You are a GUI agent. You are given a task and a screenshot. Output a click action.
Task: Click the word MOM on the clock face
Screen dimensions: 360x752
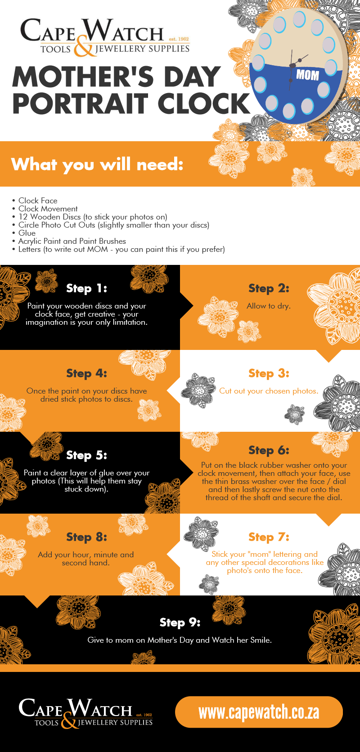click(307, 75)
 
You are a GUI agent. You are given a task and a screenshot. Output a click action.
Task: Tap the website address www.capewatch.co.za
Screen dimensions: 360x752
click(259, 712)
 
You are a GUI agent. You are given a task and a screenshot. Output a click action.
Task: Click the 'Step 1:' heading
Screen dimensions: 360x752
click(87, 288)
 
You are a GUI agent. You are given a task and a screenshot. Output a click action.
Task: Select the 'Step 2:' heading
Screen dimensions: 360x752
click(269, 288)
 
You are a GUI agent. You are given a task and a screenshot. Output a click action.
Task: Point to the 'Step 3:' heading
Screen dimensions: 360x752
click(269, 373)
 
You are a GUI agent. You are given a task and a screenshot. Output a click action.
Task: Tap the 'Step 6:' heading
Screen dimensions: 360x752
click(269, 450)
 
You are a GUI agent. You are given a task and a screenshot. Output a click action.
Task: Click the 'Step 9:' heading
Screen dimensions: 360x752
click(180, 622)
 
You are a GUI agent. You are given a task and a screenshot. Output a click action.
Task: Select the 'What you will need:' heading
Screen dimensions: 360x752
click(97, 165)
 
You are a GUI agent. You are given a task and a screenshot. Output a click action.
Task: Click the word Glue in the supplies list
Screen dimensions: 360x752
click(27, 233)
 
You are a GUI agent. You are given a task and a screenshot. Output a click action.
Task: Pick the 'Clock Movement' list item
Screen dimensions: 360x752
click(48, 209)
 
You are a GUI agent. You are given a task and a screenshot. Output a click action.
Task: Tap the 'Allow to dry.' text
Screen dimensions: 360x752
click(269, 306)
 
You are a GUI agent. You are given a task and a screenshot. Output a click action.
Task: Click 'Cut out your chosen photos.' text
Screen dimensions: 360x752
click(269, 391)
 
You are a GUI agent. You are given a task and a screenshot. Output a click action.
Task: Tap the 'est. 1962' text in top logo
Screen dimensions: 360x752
click(179, 39)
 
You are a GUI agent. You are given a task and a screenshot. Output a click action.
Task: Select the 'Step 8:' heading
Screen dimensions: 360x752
click(87, 537)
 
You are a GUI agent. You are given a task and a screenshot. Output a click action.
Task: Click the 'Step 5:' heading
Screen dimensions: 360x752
click(87, 455)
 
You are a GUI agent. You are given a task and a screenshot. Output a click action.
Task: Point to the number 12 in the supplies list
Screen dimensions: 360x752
click(23, 217)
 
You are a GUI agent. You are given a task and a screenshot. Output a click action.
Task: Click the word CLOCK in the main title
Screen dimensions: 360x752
click(204, 103)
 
